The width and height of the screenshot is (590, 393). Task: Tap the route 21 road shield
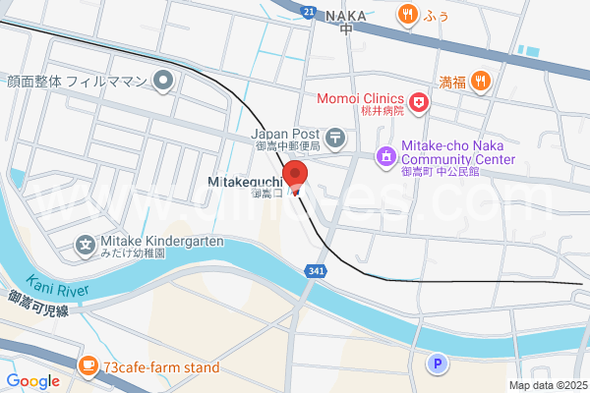(x=309, y=12)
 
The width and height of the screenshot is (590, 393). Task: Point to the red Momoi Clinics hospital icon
(x=419, y=101)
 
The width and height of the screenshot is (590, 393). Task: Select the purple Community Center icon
(x=386, y=155)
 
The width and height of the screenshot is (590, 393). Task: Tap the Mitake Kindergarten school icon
(x=86, y=244)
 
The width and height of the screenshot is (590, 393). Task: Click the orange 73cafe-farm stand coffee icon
(x=88, y=366)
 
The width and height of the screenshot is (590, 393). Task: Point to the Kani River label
(x=58, y=285)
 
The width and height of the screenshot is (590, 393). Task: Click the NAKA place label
(x=345, y=16)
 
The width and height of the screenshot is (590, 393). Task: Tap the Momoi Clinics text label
(x=360, y=99)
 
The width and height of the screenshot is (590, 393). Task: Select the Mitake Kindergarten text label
(x=161, y=241)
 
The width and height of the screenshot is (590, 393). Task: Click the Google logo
(x=32, y=381)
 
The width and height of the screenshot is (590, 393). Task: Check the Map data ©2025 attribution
(x=547, y=385)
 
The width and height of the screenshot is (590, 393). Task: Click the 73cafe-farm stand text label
(x=160, y=367)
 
